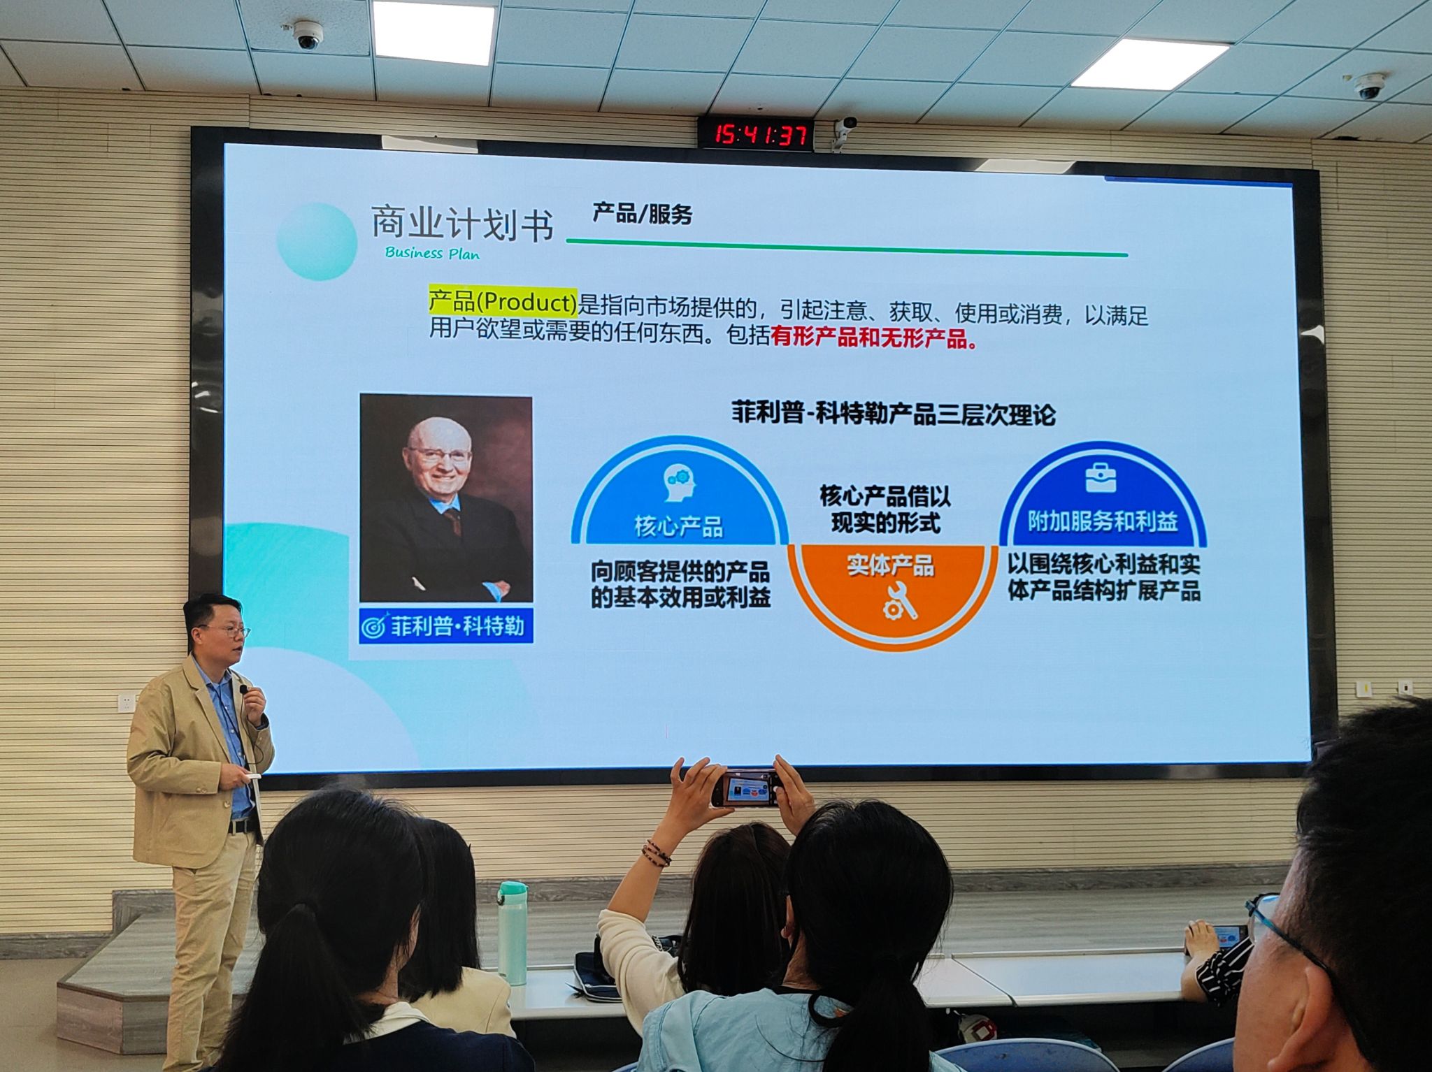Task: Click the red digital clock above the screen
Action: tap(756, 133)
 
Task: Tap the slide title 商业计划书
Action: tap(462, 224)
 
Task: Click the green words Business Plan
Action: tap(432, 252)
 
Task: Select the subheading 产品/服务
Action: tap(642, 213)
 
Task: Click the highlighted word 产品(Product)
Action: tap(503, 303)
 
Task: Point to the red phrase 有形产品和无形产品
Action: tap(874, 339)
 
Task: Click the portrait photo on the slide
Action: tap(446, 498)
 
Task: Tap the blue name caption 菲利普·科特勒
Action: tap(446, 625)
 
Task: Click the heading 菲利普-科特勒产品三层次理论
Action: tap(893, 414)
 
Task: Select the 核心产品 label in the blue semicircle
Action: tap(678, 526)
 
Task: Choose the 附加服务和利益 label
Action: tap(1103, 521)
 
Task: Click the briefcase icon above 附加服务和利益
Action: tap(1100, 478)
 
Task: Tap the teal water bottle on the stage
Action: tap(513, 932)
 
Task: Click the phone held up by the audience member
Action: tap(746, 788)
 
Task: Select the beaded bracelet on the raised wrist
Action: tap(657, 853)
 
